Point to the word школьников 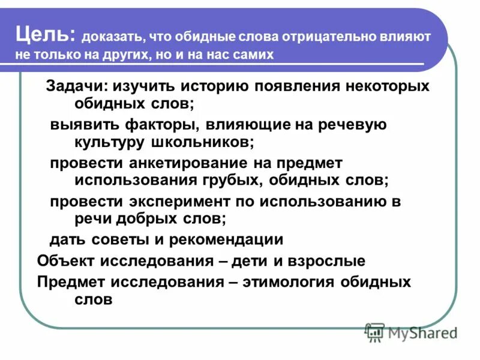tap(202, 142)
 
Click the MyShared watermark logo tap(410, 331)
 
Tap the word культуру tap(110, 142)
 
